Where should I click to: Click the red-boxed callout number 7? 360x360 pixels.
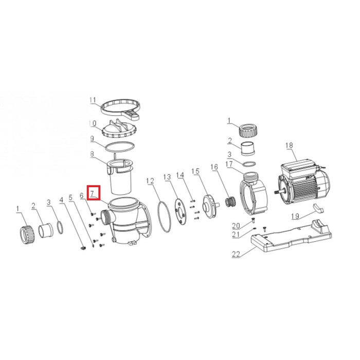93,193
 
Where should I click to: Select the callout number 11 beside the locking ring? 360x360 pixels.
93,100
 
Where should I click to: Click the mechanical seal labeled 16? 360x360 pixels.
230,202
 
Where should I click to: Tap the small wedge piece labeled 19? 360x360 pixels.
318,208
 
